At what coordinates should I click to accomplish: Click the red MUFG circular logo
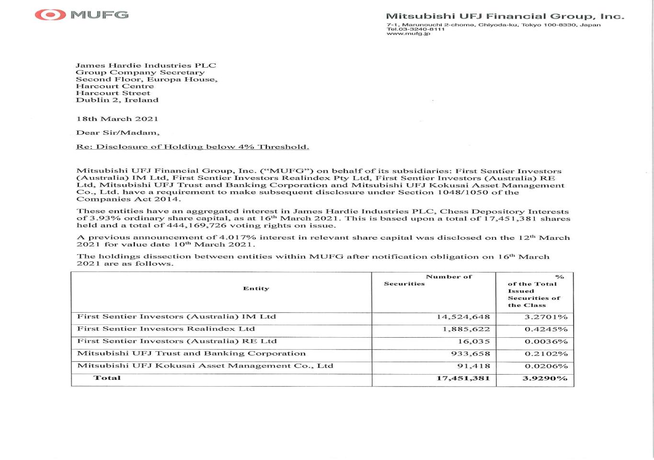pyautogui.click(x=50, y=14)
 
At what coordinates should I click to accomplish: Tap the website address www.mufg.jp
pyautogui.click(x=408, y=34)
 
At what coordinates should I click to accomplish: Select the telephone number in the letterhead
pyautogui.click(x=415, y=29)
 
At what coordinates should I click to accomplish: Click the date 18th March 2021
pyautogui.click(x=117, y=118)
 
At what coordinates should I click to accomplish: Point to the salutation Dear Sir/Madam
pyautogui.click(x=117, y=132)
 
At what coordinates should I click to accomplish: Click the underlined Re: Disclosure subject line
pyautogui.click(x=192, y=147)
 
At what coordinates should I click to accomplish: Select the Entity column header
pyautogui.click(x=256, y=288)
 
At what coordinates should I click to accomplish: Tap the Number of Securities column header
pyautogui.click(x=434, y=280)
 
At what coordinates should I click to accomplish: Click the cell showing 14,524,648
pyautogui.click(x=463, y=317)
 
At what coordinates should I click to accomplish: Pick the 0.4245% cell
pyautogui.click(x=546, y=329)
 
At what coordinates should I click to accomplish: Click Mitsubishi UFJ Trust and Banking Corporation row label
pyautogui.click(x=191, y=354)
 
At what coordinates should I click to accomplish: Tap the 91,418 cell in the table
pyautogui.click(x=473, y=366)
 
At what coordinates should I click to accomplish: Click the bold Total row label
pyautogui.click(x=107, y=377)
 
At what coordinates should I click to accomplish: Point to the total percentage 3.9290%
pyautogui.click(x=545, y=378)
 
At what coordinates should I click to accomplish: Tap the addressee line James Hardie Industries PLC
pyautogui.click(x=146, y=65)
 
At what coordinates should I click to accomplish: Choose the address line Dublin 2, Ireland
pyautogui.click(x=117, y=100)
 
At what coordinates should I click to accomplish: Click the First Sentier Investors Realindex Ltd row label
pyautogui.click(x=166, y=329)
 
